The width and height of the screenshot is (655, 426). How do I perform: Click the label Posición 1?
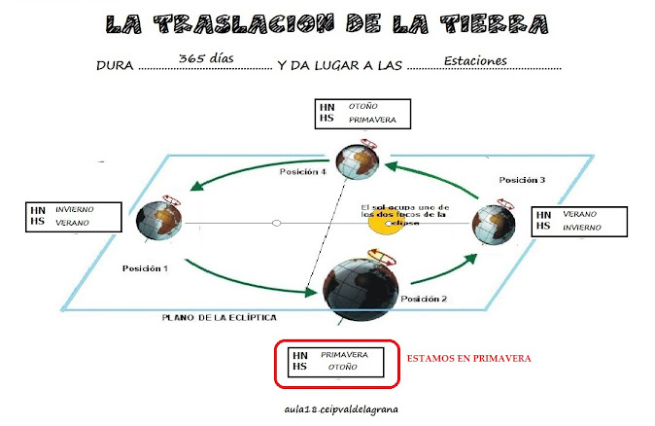[x=145, y=267]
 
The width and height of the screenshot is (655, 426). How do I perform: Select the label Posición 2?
[x=424, y=299]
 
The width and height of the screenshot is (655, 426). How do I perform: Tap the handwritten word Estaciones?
[x=475, y=61]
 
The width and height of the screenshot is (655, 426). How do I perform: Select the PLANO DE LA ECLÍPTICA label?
[x=220, y=317]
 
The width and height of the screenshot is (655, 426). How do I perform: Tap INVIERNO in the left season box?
[x=76, y=209]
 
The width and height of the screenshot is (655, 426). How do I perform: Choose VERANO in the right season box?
[x=580, y=213]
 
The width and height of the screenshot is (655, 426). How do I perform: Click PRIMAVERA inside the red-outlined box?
[x=340, y=355]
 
